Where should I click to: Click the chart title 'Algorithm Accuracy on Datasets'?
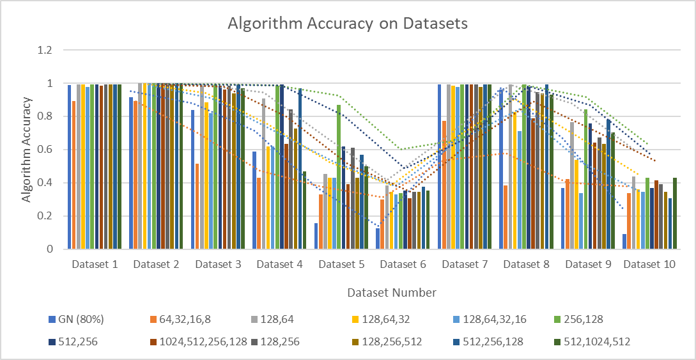(x=348, y=24)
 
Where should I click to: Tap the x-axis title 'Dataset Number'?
(x=392, y=293)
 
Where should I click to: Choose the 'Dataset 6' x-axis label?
(x=402, y=264)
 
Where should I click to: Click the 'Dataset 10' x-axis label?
(x=649, y=264)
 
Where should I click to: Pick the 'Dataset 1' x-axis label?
(x=95, y=264)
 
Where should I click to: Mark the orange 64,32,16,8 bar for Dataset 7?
(x=444, y=185)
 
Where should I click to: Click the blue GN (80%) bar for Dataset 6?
(x=378, y=239)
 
